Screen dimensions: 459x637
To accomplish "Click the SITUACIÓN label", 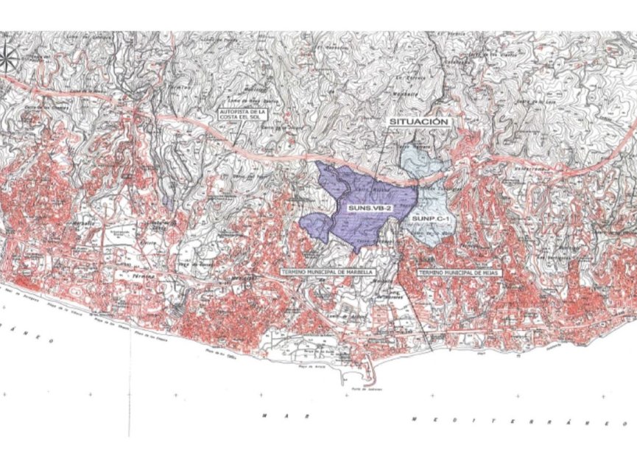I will pos(419,121).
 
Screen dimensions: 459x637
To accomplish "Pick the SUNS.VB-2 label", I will pos(369,208).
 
